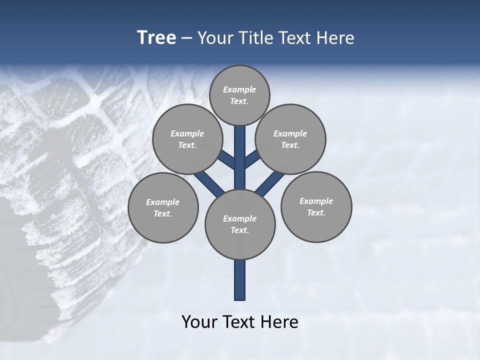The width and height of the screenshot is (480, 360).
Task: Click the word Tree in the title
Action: click(x=156, y=37)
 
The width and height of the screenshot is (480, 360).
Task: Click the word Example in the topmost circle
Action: click(x=239, y=89)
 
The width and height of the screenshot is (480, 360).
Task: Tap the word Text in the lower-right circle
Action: click(x=316, y=212)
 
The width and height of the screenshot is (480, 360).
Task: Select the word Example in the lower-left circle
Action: click(x=162, y=202)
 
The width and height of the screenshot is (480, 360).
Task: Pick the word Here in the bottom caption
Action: click(x=281, y=322)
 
